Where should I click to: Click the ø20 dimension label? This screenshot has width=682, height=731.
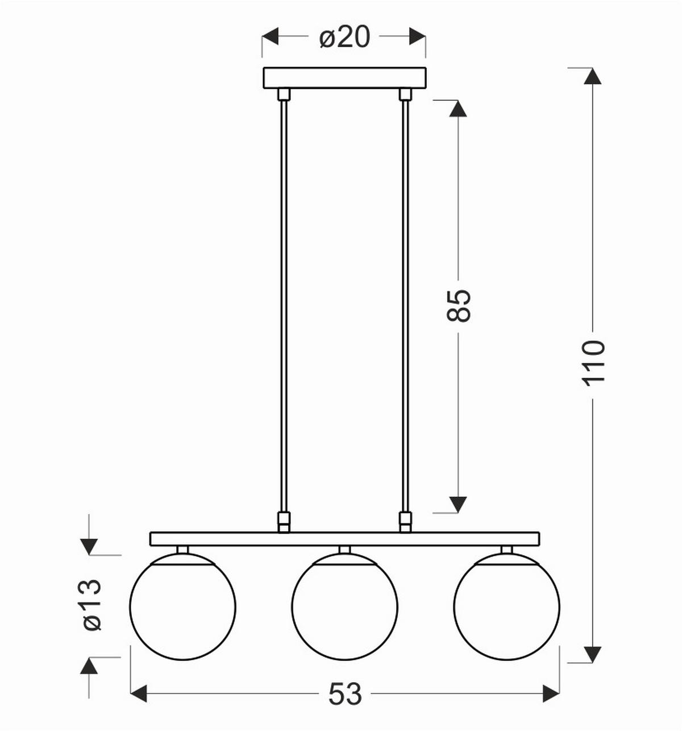coord(344,38)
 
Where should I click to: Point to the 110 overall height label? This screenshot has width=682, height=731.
coord(593,363)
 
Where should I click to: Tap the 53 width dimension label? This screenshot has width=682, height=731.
coord(344,694)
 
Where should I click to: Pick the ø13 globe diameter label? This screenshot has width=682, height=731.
coord(92,605)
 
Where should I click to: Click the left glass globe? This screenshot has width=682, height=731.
coord(182,607)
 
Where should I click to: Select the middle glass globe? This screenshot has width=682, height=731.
coord(344,607)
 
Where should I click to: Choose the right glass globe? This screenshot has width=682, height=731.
coord(506,607)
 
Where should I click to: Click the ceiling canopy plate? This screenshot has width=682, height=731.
coord(344,78)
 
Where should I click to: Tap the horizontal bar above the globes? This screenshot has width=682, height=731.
coord(344,538)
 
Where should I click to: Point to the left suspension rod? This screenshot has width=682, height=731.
coord(283,307)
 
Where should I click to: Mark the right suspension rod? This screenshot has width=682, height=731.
coord(405,307)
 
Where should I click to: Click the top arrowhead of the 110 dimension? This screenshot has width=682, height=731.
coord(593,76)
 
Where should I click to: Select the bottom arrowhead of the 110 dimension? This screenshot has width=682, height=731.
coord(593,655)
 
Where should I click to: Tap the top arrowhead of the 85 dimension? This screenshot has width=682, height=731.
coord(458,109)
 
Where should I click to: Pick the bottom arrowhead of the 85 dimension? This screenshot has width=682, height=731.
coord(458,504)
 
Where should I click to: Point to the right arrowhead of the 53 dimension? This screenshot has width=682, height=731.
coord(551,694)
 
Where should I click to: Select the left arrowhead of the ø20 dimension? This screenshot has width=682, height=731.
coord(271,37)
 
